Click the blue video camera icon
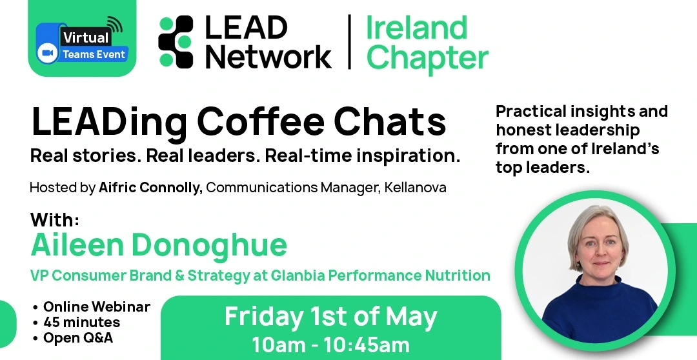46,54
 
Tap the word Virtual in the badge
85,37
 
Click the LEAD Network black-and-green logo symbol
176,42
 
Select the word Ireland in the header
416,28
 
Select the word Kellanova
415,188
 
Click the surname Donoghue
209,246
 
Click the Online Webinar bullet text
96,306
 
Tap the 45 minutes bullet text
82,322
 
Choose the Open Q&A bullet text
78,338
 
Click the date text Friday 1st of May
330,317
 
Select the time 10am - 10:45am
330,345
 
